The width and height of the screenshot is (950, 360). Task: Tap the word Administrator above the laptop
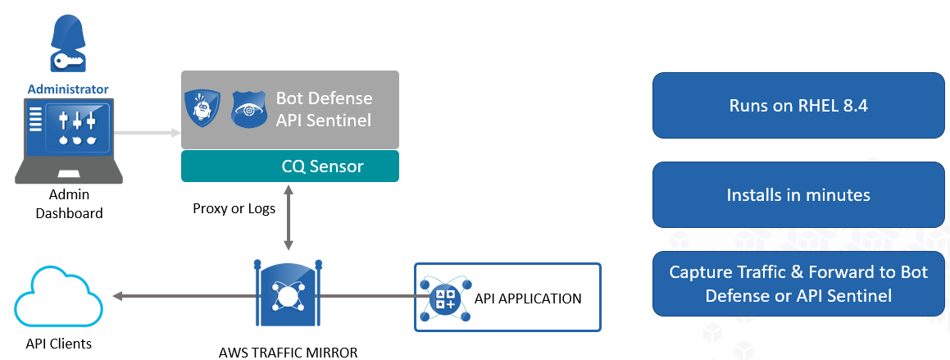(x=68, y=88)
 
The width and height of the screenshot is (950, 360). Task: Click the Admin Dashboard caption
(x=68, y=204)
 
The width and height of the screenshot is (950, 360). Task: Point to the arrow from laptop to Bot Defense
(x=148, y=132)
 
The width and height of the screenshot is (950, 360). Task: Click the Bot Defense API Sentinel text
(x=324, y=109)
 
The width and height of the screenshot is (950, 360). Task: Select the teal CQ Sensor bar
(x=290, y=166)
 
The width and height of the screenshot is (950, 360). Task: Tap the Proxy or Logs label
(x=234, y=208)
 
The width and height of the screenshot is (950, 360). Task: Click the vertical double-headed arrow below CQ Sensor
(x=288, y=217)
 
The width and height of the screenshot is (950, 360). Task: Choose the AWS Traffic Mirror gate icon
(x=287, y=296)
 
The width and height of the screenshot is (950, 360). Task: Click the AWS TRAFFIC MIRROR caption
(x=289, y=352)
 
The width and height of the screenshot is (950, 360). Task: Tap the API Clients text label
(x=57, y=344)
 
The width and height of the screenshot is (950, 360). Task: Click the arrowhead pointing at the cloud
(x=119, y=296)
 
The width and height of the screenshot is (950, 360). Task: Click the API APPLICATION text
(x=528, y=298)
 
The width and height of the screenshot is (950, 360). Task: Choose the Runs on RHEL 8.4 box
(x=798, y=106)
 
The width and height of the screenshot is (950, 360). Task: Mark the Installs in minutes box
(x=798, y=195)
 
